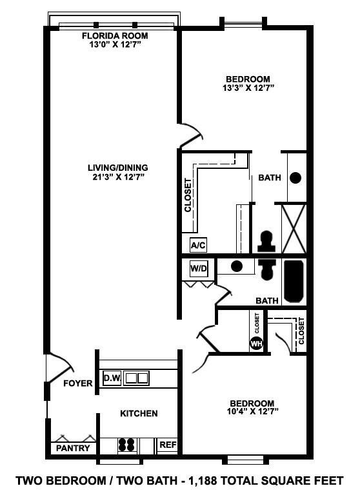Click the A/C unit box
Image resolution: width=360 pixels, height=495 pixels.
coord(198,246)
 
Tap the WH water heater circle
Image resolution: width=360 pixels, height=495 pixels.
coord(256,343)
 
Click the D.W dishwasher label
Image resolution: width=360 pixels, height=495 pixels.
coord(111,378)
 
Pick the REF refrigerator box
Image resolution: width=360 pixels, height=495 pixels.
coord(166,445)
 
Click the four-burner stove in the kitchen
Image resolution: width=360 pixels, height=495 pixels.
coord(126,445)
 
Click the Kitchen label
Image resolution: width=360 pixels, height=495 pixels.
coord(139,413)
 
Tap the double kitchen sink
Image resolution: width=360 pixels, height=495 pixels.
coord(136,378)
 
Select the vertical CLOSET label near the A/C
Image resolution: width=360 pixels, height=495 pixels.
coord(188,195)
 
